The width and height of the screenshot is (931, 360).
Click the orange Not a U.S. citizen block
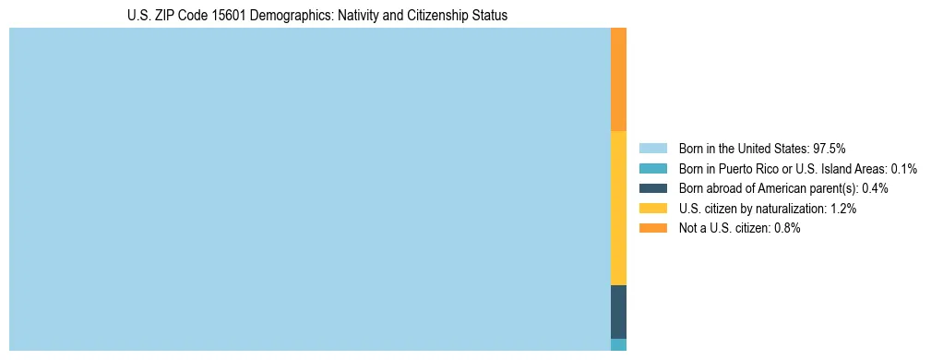click(x=618, y=79)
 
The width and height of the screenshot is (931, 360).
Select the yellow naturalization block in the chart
click(x=618, y=208)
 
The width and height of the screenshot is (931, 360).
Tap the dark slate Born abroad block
click(x=618, y=311)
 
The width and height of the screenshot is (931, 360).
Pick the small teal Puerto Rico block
click(x=618, y=344)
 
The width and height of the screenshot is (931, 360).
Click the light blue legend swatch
click(x=652, y=148)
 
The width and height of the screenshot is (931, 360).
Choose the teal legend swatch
click(x=652, y=168)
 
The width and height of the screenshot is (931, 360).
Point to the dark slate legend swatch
click(x=652, y=188)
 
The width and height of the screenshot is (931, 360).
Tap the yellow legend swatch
click(x=652, y=209)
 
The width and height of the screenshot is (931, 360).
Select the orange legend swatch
click(x=652, y=228)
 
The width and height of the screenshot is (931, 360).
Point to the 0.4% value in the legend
click(x=876, y=188)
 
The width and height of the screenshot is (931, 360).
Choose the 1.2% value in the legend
click(x=842, y=209)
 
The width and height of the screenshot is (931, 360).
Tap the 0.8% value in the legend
click(x=786, y=228)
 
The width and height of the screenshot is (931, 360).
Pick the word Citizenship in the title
click(x=427, y=16)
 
